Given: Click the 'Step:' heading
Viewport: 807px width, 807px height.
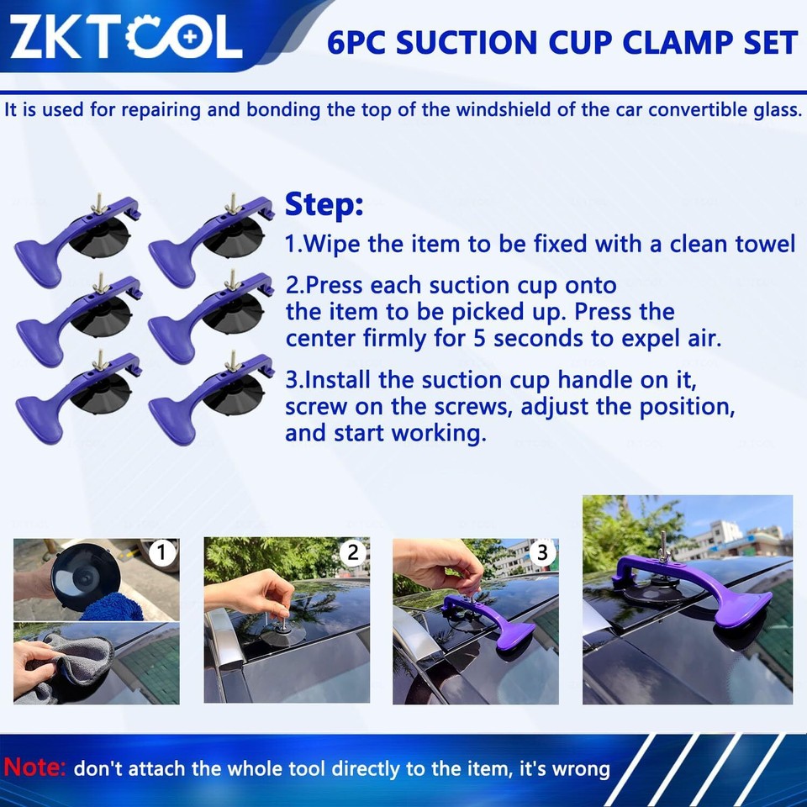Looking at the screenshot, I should [324, 203].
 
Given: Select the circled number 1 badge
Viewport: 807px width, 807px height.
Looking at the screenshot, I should [161, 553].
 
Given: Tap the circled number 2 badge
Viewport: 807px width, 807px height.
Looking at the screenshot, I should [353, 552].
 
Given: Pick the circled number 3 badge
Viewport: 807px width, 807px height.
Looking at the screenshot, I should [542, 552].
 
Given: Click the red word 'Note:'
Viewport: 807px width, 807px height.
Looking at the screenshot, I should [35, 767].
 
